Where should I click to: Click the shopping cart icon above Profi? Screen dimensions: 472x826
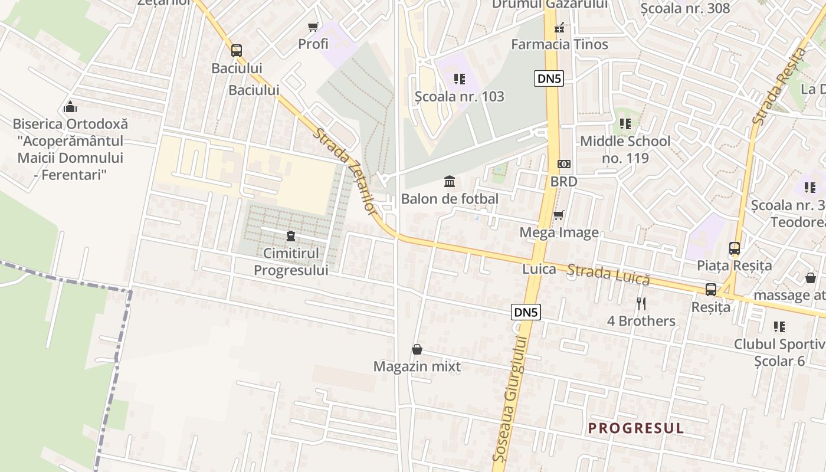coord(313,27)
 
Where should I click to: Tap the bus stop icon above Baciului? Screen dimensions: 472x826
coord(237,51)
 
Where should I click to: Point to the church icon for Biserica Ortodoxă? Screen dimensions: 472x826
coord(70,107)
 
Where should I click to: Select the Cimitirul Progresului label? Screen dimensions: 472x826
coord(291,261)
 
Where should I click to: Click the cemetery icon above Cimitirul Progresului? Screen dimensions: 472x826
coord(290,237)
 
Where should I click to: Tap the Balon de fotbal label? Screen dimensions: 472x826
coord(450,199)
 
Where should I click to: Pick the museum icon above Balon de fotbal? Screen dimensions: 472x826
coord(450,181)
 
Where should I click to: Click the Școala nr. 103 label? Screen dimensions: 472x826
coord(460,96)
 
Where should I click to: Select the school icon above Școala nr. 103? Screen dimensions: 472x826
coord(460,78)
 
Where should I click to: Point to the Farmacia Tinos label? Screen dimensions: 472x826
coord(559,44)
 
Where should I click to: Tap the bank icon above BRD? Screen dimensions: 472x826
coord(563,164)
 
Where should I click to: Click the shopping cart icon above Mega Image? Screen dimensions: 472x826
coord(558,215)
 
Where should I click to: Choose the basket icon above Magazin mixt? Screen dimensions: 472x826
coord(417,349)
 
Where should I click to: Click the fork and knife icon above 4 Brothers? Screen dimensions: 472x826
coord(641,304)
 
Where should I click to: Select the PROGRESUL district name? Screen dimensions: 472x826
coord(636,428)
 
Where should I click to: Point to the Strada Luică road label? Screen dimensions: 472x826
coord(608,275)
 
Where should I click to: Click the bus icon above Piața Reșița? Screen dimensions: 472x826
coord(735,248)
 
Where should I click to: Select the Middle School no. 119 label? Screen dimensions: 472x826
coord(625,150)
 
